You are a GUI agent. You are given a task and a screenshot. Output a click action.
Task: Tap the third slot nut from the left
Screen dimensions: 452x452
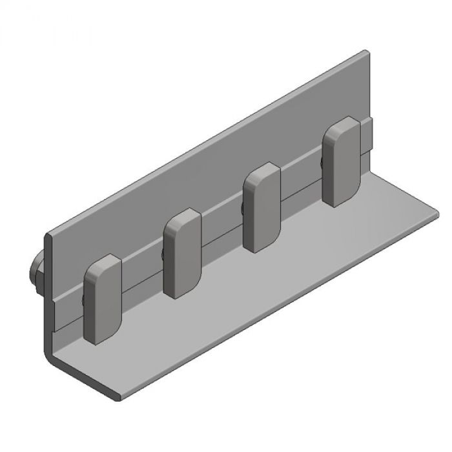262,207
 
